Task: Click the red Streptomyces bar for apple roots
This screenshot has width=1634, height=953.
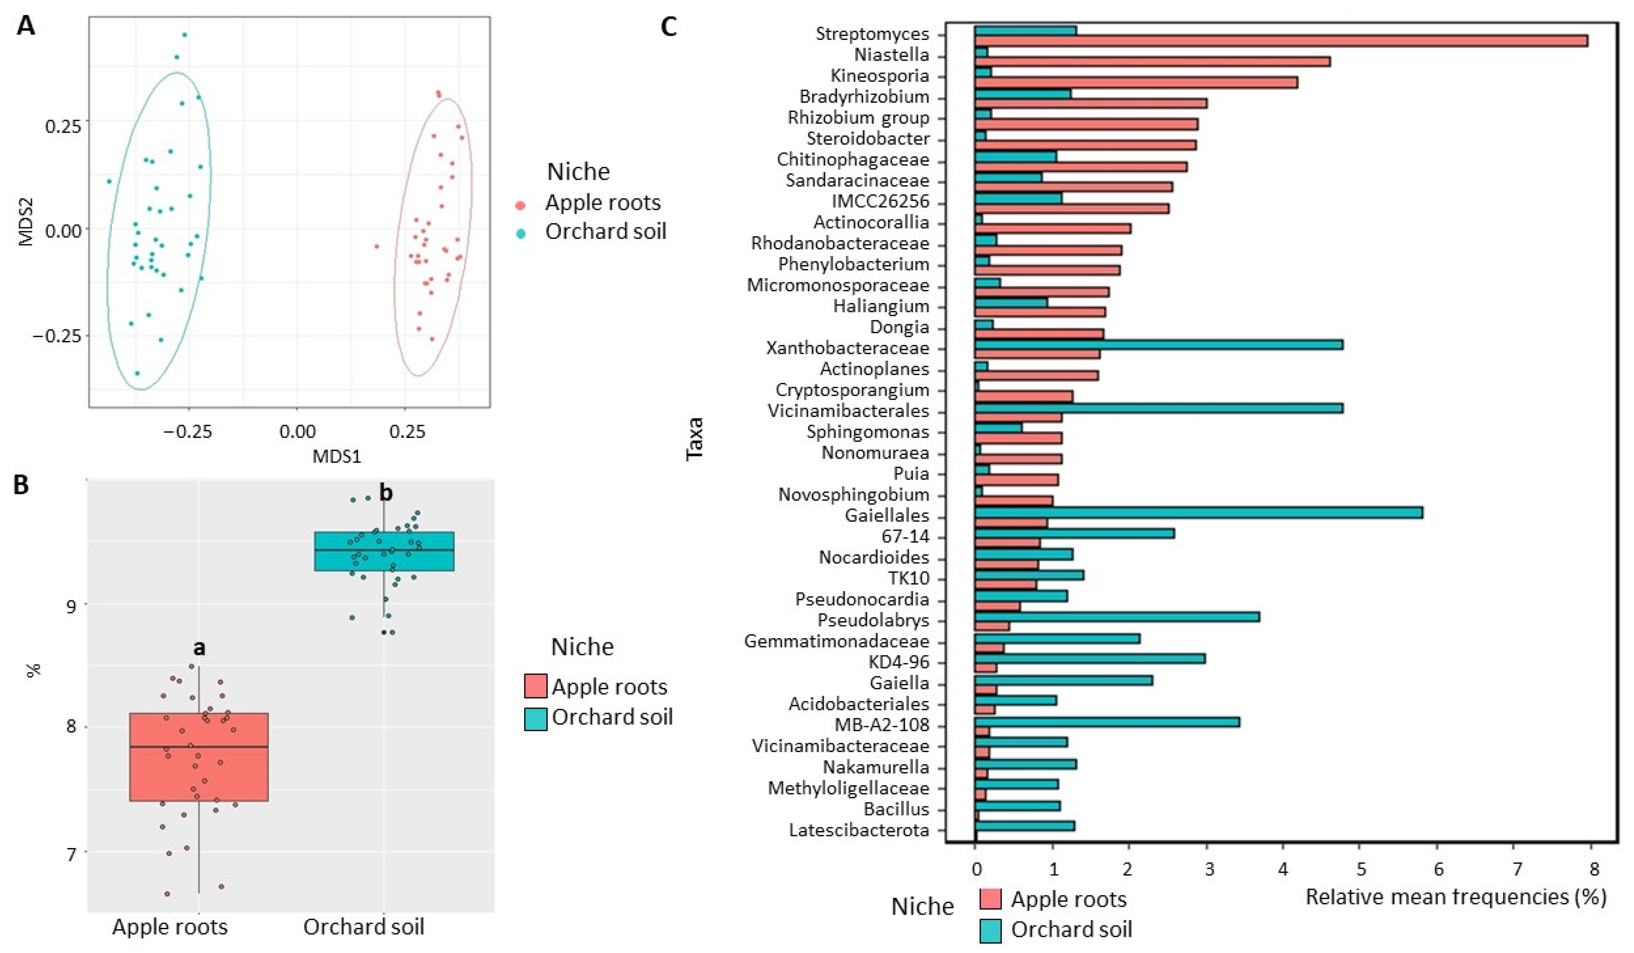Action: (1281, 41)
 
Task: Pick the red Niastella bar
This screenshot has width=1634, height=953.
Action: (1152, 61)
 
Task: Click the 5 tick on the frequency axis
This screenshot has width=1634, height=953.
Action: (1361, 869)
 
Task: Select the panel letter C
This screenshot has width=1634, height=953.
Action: (668, 27)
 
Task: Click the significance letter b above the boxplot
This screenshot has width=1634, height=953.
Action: (386, 493)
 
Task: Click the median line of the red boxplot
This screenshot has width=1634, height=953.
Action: (199, 747)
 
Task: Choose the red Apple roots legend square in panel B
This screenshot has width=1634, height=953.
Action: (535, 686)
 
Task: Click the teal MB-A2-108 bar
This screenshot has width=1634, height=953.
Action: (1107, 722)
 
